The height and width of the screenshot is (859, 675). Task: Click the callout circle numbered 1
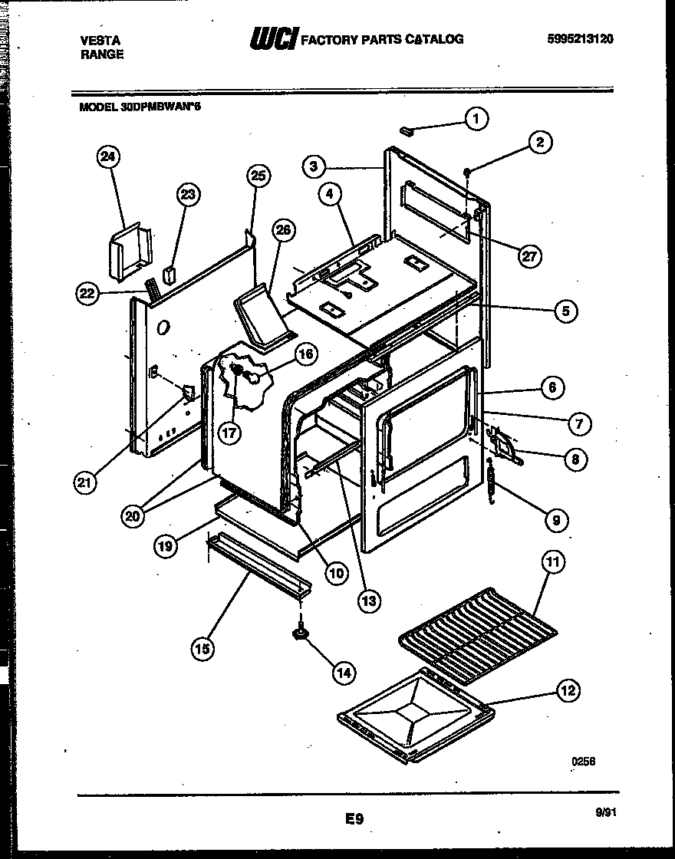click(476, 119)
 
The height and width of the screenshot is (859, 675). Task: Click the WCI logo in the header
click(273, 38)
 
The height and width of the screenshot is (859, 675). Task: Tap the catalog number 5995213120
click(581, 39)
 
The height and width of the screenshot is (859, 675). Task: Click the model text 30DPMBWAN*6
click(140, 107)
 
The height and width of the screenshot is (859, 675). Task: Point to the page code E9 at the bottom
click(354, 820)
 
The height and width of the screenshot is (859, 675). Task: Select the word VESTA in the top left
click(99, 40)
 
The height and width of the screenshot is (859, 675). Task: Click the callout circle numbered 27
click(528, 257)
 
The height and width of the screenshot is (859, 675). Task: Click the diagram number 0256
click(583, 762)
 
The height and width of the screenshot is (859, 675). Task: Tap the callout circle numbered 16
click(305, 354)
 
